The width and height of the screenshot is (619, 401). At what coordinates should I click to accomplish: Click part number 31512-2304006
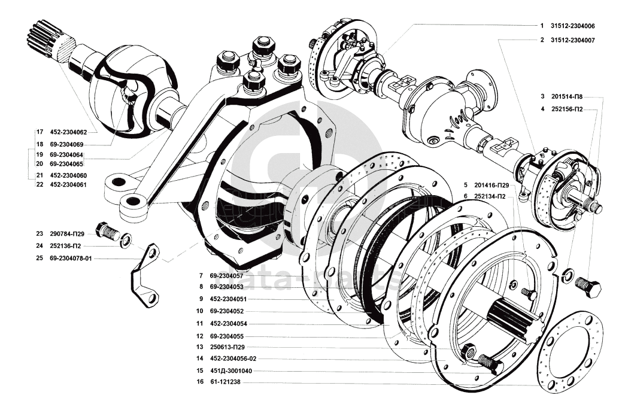573,26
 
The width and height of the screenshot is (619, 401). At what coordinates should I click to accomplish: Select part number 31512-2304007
573,40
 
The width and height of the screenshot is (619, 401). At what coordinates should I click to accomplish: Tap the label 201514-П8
566,96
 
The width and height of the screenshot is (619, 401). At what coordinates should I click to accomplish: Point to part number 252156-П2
566,110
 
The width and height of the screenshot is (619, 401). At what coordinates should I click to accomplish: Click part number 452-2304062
69,132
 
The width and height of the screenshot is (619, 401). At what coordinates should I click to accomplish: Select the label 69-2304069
66,145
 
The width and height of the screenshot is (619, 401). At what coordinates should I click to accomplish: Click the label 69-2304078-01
72,259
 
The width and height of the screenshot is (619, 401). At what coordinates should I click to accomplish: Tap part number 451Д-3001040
230,371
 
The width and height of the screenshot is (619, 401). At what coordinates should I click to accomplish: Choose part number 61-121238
225,382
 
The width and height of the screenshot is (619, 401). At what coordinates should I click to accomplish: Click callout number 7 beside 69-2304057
201,276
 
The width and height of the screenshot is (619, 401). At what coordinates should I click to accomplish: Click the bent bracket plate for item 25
145,276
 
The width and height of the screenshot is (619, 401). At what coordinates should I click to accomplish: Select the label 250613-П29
227,347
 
